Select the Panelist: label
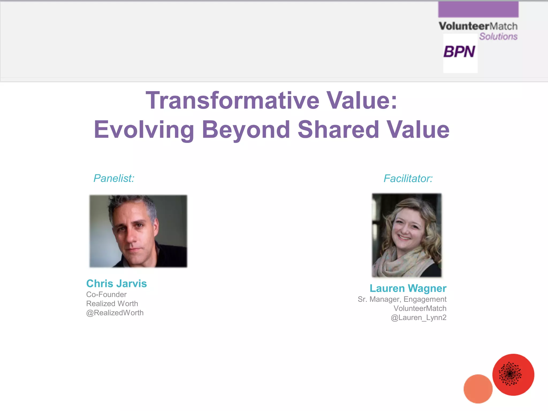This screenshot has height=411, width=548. pos(114,178)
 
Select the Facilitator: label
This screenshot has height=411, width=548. pos(408,178)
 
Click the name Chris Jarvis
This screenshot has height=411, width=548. pos(116,283)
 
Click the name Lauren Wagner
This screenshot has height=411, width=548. pos(408,288)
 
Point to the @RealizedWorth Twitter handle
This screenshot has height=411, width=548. pos(115,313)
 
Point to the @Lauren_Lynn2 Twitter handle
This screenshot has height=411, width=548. pos(418,318)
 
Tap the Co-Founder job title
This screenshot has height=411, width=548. pos(106,294)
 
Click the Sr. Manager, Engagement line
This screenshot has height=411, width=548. pos(402,299)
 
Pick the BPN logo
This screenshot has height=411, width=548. pos(459,52)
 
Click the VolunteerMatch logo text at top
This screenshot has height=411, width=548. pos(478,26)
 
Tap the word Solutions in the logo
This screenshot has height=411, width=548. pos(498,36)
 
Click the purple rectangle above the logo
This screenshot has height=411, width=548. pos(478,9)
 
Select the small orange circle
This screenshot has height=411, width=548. pos(478,389)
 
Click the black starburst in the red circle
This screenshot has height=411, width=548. pos(510,374)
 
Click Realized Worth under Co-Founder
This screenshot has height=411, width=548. pos(112,304)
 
